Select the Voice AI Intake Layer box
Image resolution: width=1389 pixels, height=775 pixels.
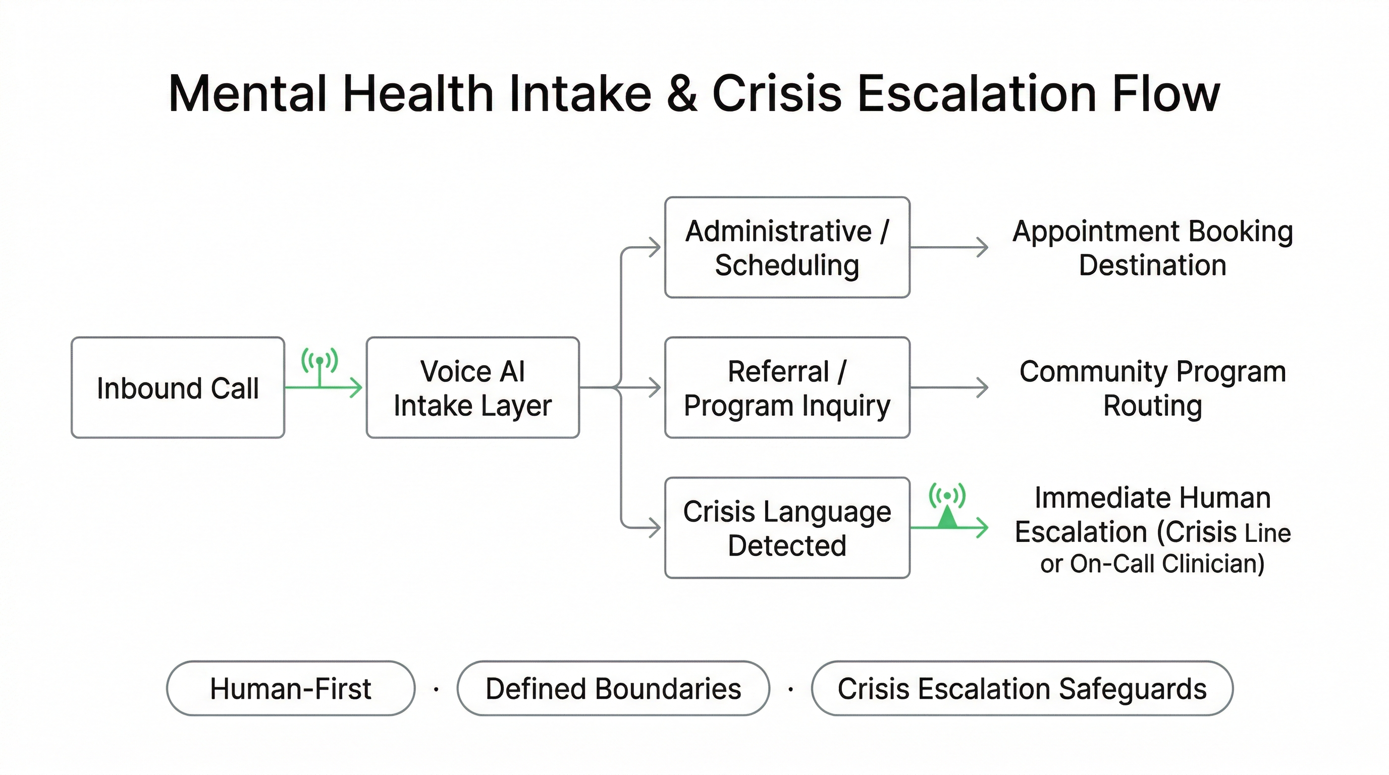click(472, 387)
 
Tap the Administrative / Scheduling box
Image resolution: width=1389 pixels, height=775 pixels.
click(787, 247)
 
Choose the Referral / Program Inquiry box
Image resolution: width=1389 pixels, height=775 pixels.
click(787, 387)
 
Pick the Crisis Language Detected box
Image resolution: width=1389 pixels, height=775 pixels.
click(787, 528)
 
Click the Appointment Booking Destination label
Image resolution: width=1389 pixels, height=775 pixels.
click(1152, 248)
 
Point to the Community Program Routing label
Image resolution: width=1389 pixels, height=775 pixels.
click(1152, 388)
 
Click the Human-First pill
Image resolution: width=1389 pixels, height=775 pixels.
click(291, 688)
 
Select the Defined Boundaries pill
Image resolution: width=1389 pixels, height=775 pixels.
click(613, 688)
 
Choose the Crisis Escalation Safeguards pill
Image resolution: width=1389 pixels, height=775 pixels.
click(1022, 688)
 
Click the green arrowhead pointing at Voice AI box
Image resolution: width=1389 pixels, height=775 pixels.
click(356, 387)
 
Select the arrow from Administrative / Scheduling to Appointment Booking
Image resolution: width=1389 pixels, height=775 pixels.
click(949, 247)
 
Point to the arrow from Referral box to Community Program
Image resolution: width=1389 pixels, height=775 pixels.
click(949, 387)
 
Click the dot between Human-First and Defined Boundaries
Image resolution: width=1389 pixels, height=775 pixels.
click(436, 689)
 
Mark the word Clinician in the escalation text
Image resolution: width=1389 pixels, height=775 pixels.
click(1213, 564)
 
